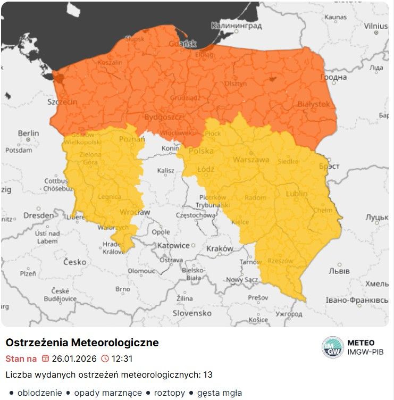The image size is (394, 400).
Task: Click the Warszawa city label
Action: tap(251, 160)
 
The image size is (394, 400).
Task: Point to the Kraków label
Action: tap(220, 248)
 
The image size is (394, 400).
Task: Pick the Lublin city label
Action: tap(297, 194)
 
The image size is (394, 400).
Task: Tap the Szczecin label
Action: tap(62, 102)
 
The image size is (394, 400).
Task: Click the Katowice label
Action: tap(173, 246)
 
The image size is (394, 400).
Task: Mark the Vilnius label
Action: tap(376, 26)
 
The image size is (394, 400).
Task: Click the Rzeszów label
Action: tap(281, 261)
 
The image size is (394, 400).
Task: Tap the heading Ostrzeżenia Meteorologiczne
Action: tap(82, 343)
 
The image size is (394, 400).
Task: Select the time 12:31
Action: tap(122, 359)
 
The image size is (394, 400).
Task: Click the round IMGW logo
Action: tap(333, 347)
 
